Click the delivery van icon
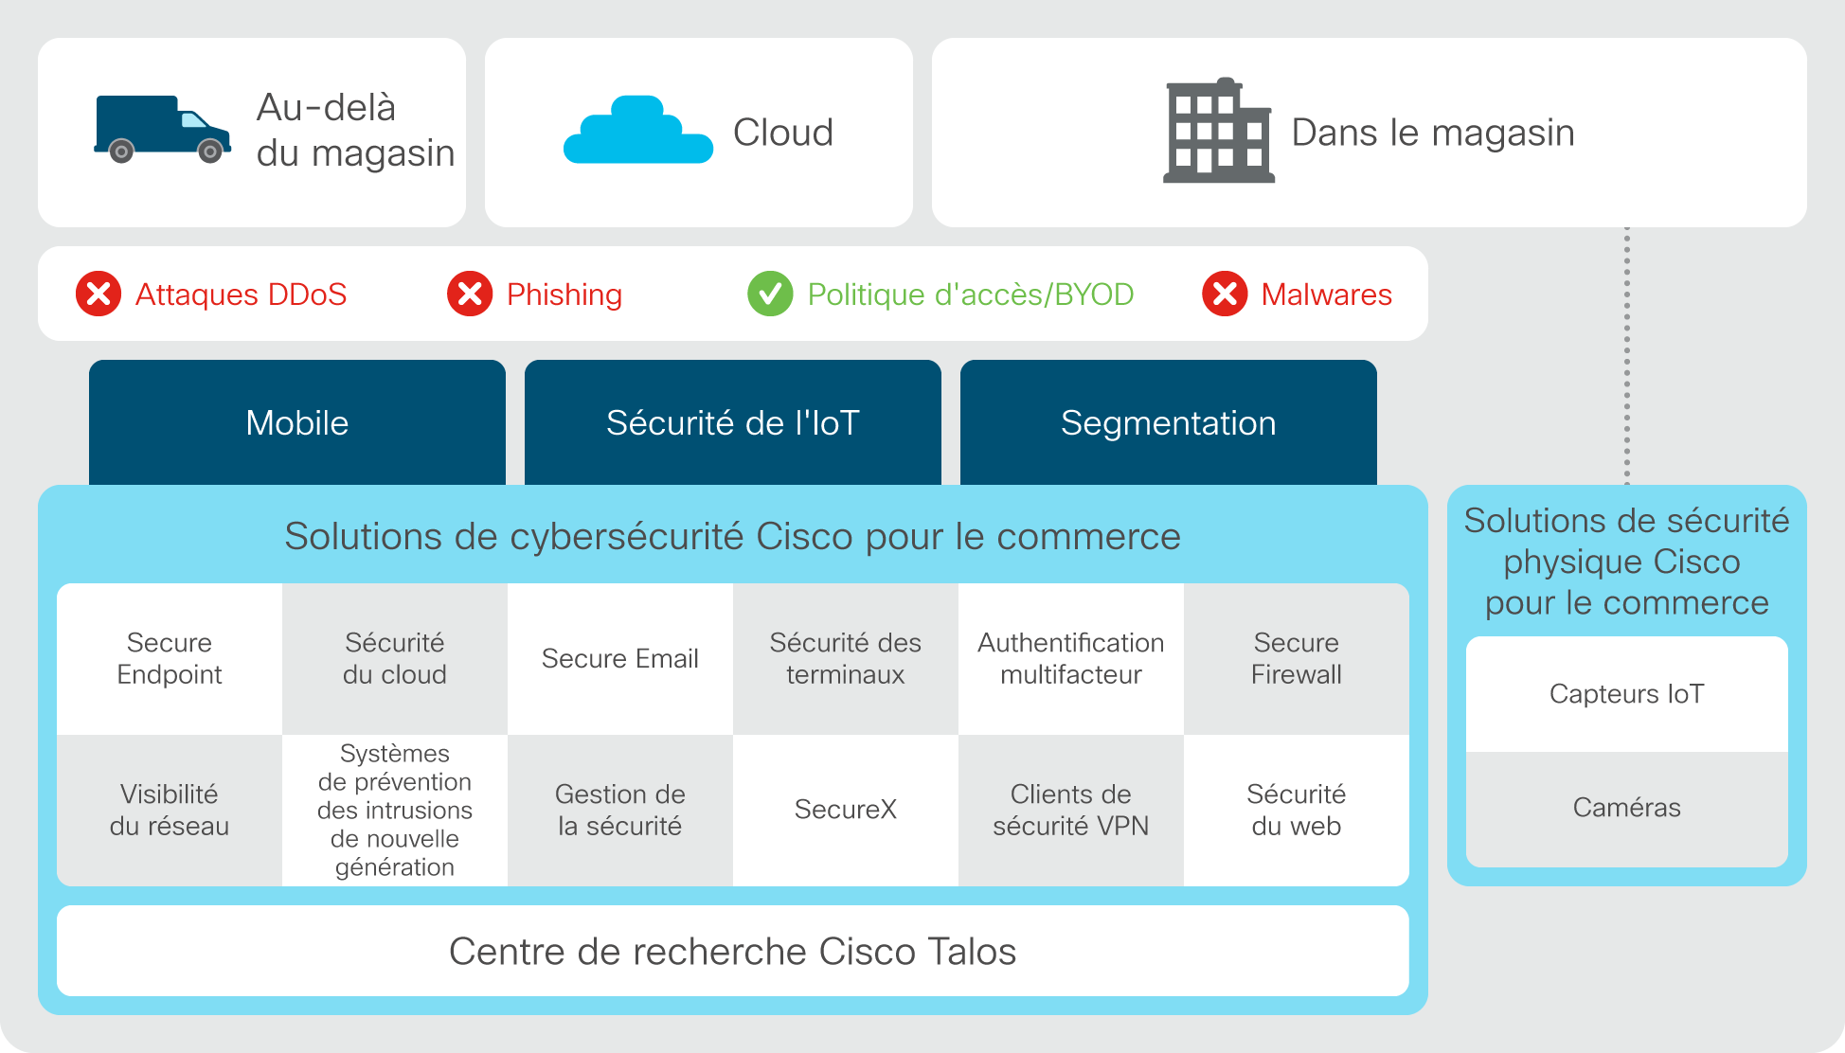(162, 129)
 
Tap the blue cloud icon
(637, 130)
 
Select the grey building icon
(1218, 130)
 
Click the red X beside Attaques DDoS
(99, 294)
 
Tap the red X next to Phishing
(470, 294)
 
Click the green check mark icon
(770, 294)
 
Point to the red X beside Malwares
(1225, 294)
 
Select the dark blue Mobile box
(297, 422)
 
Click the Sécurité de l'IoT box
(733, 422)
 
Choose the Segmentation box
(1169, 422)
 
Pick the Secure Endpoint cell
(170, 659)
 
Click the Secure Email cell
(620, 659)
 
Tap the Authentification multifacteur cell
(1071, 659)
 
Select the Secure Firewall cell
(1297, 659)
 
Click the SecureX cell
(846, 811)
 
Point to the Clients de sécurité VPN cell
(1071, 811)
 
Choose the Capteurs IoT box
(1627, 694)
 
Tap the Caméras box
(1627, 809)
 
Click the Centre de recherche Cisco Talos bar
(733, 951)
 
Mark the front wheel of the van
(210, 152)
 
